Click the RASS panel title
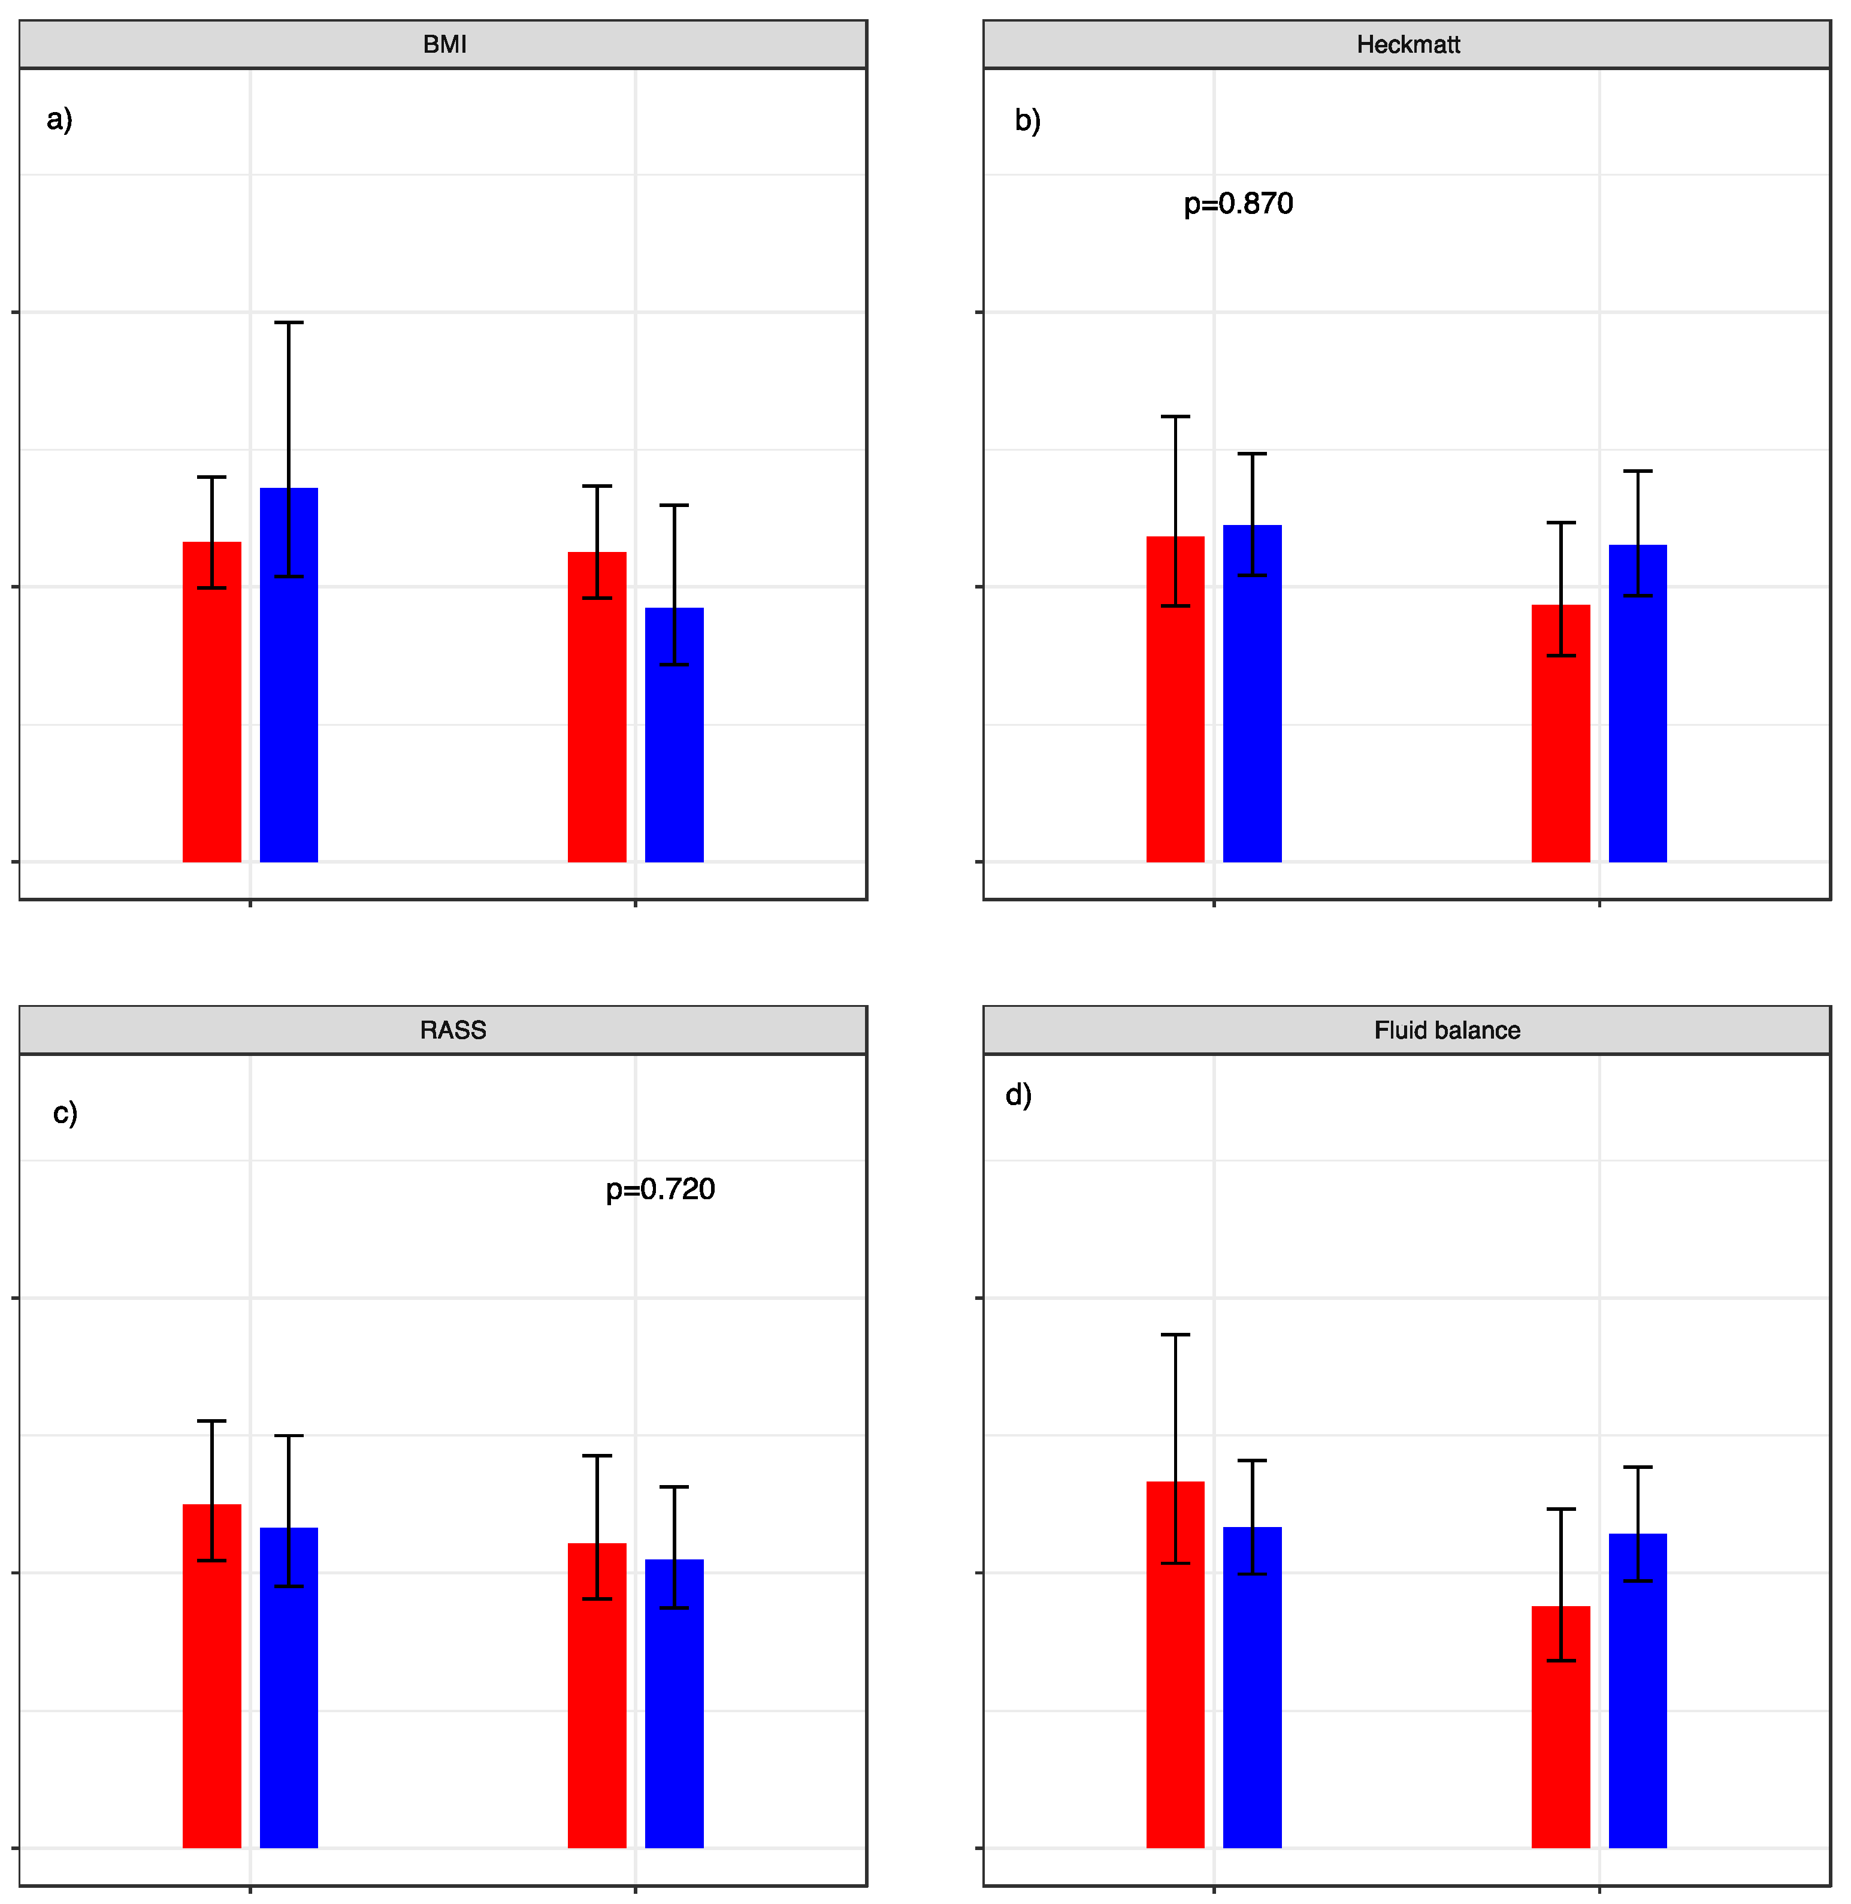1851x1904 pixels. pyautogui.click(x=452, y=1030)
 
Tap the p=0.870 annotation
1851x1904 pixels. pyautogui.click(x=1238, y=204)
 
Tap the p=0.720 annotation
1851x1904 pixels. pyautogui.click(x=660, y=1189)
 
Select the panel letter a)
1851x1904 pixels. pyautogui.click(x=59, y=120)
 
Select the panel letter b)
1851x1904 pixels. pyautogui.click(x=1027, y=120)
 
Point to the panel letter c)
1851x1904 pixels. pyautogui.click(x=65, y=1112)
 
